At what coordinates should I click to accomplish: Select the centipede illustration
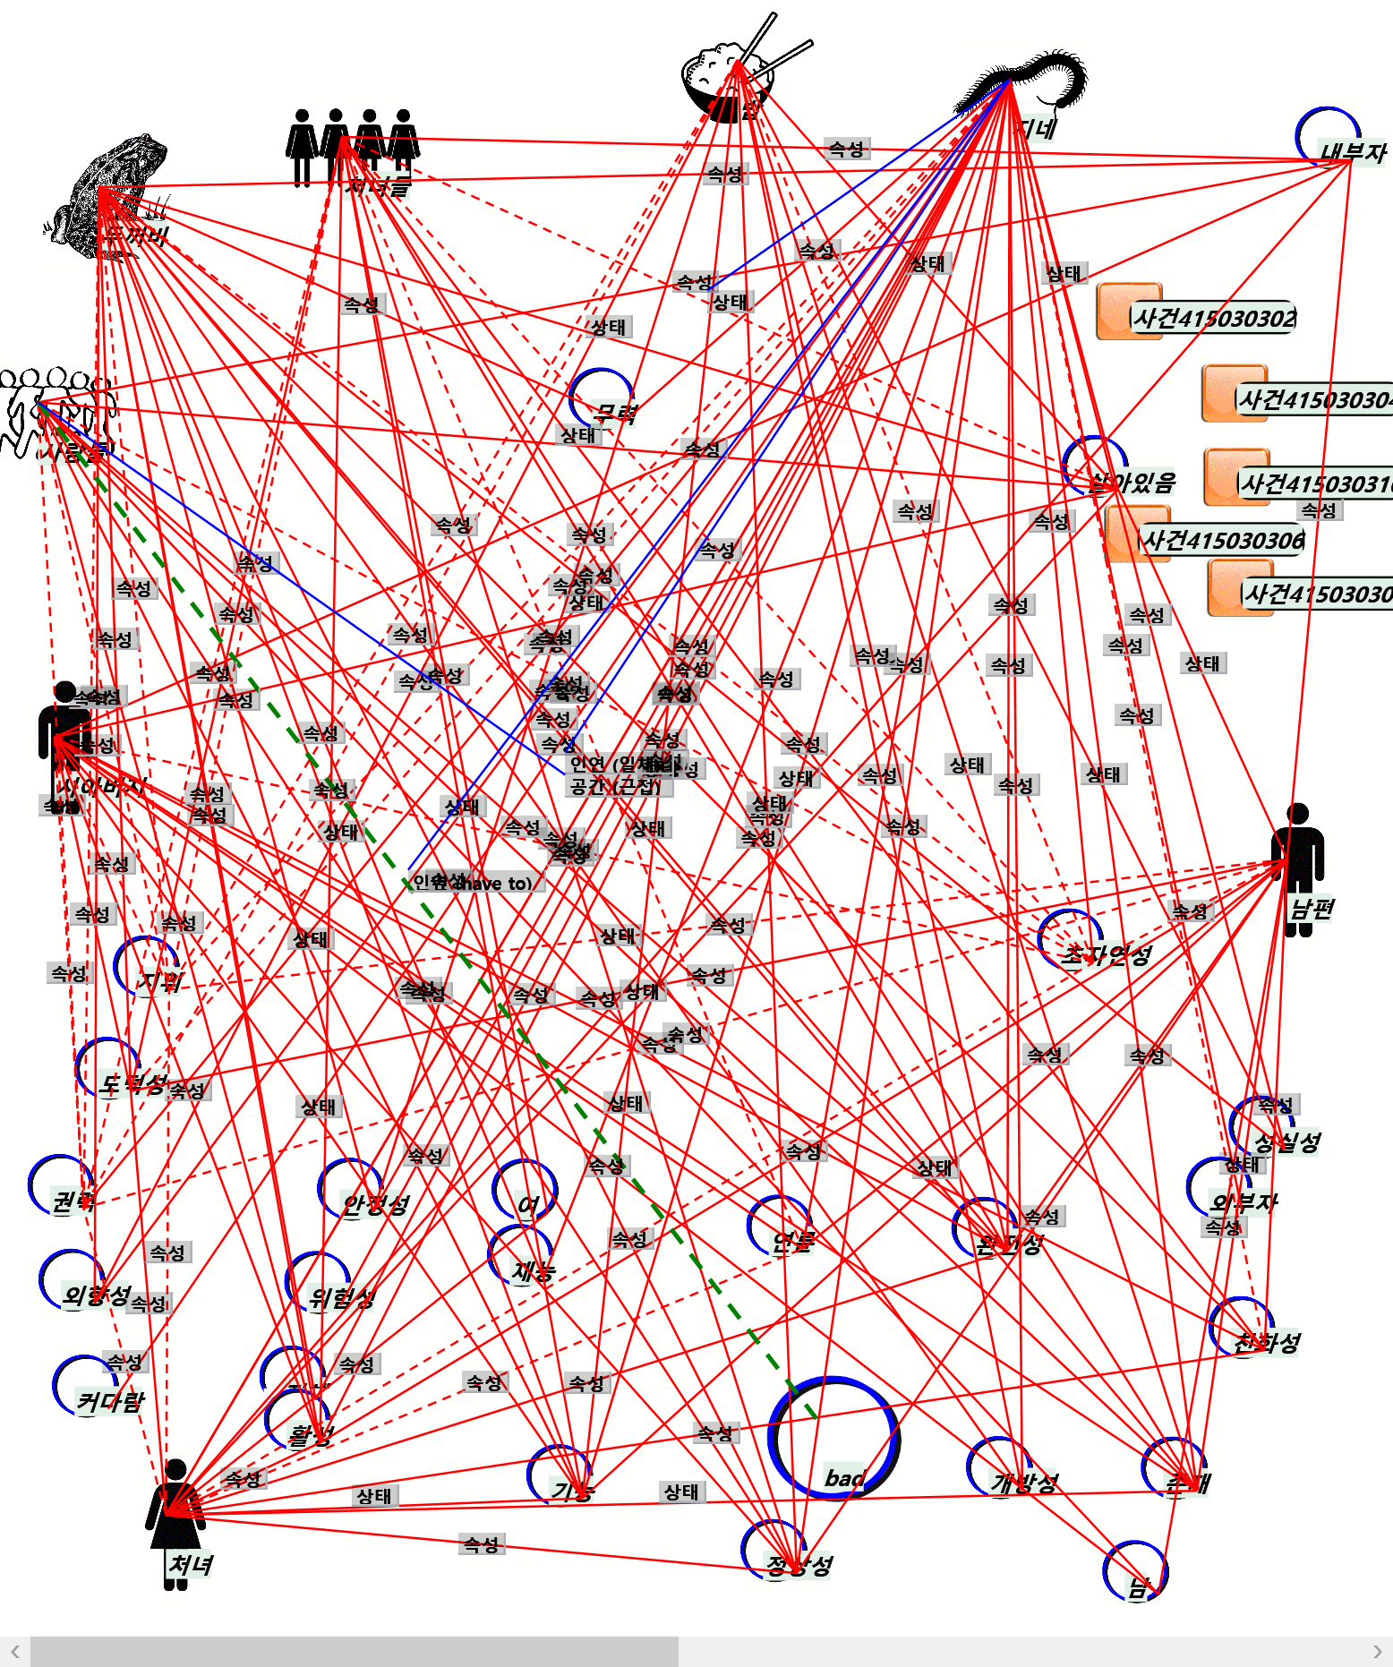pos(1030,85)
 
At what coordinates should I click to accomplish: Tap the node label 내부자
pos(1352,153)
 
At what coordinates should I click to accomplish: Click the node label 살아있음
pos(1133,483)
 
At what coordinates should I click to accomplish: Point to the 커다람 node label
pos(110,1402)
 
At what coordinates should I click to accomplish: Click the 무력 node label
pos(616,414)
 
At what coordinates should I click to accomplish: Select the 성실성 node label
pos(1287,1142)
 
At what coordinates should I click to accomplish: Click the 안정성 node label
pos(376,1205)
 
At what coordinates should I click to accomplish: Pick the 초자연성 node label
pos(1107,955)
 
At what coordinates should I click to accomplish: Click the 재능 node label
pos(534,1271)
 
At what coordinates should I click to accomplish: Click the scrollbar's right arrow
pos(1377,1652)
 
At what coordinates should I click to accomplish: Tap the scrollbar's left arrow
pos(14,1652)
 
